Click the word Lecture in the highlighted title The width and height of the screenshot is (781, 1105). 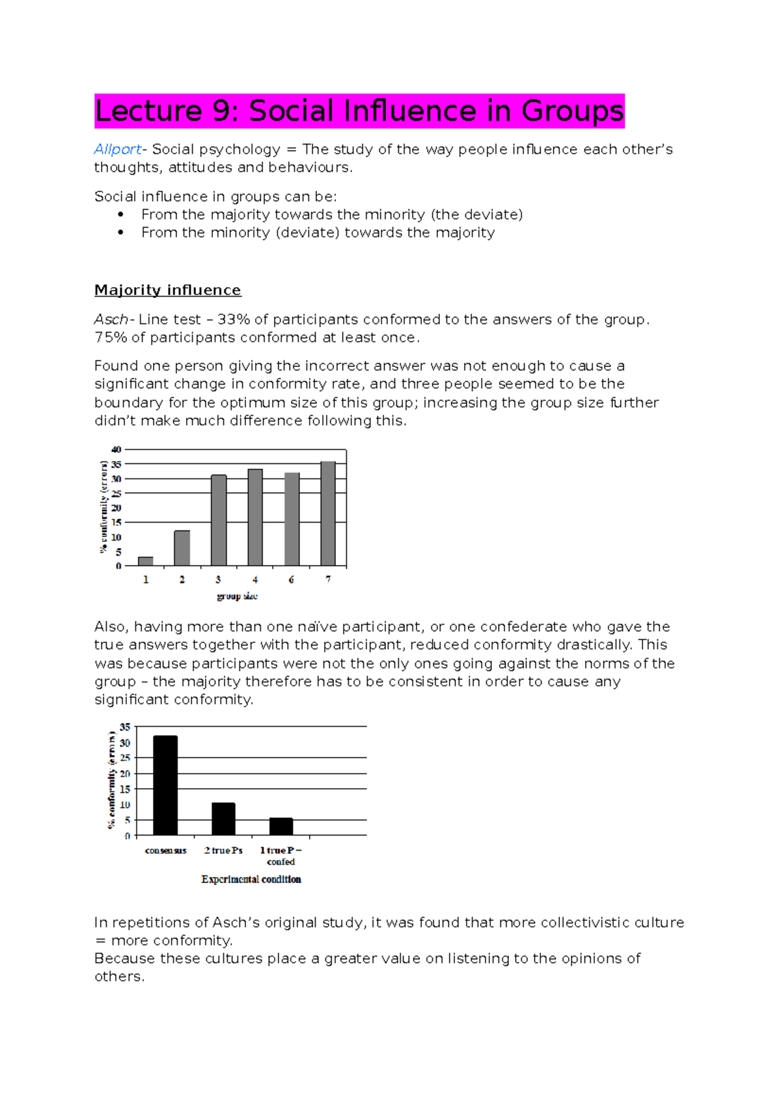click(148, 111)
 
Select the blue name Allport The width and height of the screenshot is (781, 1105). click(117, 150)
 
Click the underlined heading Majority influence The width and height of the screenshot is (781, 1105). click(167, 290)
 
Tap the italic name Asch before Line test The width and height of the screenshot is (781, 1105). click(111, 320)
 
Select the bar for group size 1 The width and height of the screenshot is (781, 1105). click(146, 561)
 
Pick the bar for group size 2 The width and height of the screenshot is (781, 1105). click(182, 548)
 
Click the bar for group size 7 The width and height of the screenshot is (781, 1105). click(328, 513)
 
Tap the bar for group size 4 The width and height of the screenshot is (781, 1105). click(255, 517)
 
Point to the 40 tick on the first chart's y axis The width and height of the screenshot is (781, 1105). click(116, 450)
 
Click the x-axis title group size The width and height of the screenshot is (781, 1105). click(237, 596)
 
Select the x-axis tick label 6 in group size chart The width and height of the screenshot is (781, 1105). click(291, 579)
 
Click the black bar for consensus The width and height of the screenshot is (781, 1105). click(165, 785)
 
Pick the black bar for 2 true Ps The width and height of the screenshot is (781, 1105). click(223, 819)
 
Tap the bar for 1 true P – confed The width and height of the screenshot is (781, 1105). click(281, 826)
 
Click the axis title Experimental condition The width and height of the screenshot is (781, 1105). click(251, 879)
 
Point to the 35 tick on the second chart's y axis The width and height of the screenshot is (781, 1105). click(125, 727)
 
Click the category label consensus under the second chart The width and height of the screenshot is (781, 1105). click(165, 851)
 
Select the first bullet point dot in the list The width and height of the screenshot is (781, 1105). click(120, 215)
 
